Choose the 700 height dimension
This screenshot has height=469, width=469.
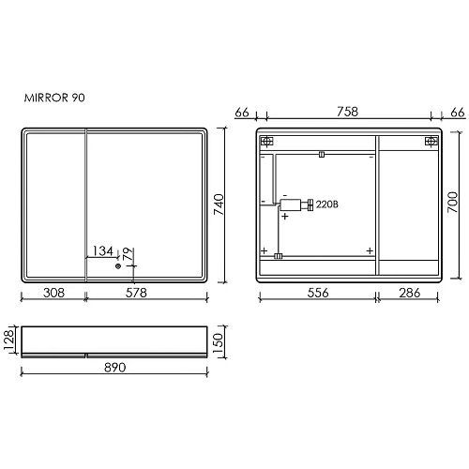coord(451,203)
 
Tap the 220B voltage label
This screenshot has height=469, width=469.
coord(326,204)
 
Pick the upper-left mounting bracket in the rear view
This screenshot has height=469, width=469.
coord(266,142)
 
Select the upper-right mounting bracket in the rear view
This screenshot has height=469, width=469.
coord(431,142)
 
